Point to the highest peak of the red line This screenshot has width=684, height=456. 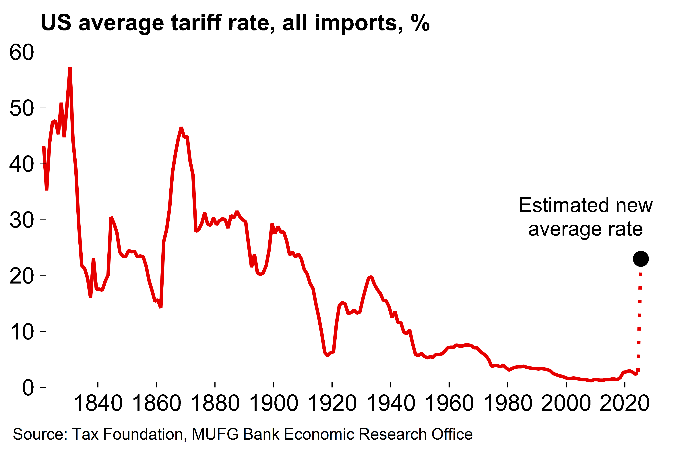click(70, 69)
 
